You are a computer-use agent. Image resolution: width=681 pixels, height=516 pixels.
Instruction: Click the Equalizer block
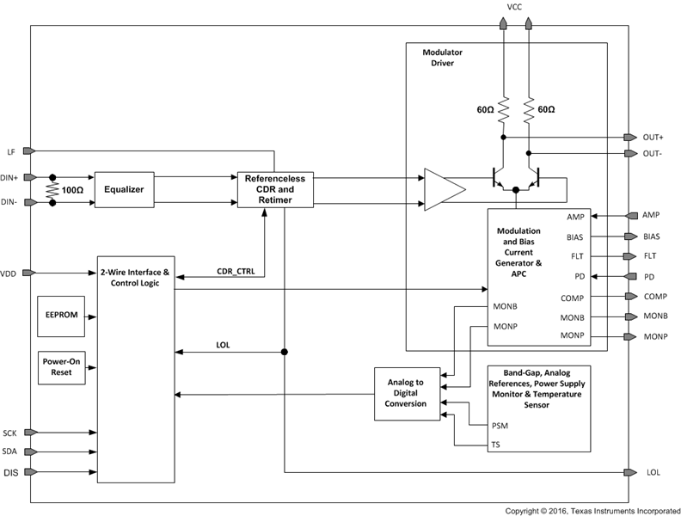pos(123,189)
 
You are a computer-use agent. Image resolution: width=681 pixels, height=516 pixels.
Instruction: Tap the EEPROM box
pos(61,316)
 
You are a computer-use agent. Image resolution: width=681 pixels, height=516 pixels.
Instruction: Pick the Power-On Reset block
pos(61,368)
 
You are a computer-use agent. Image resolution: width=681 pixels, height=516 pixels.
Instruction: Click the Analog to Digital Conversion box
pos(406,393)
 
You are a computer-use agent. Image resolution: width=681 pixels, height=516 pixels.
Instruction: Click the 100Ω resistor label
pos(73,188)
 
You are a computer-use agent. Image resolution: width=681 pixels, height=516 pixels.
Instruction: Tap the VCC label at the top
pos(515,7)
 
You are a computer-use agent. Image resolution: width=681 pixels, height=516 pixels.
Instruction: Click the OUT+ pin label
pos(653,138)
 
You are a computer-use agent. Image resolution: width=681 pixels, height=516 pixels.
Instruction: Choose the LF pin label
pos(11,150)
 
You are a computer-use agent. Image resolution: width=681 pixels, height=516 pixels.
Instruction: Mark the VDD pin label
pos(9,273)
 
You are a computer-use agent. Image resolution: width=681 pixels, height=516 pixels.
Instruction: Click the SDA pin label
pos(10,451)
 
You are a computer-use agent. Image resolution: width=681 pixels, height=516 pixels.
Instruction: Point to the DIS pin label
pos(10,472)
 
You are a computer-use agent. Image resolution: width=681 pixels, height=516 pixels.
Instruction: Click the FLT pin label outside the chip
pos(652,256)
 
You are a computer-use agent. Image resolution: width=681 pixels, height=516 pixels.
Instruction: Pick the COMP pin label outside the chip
pos(655,296)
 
